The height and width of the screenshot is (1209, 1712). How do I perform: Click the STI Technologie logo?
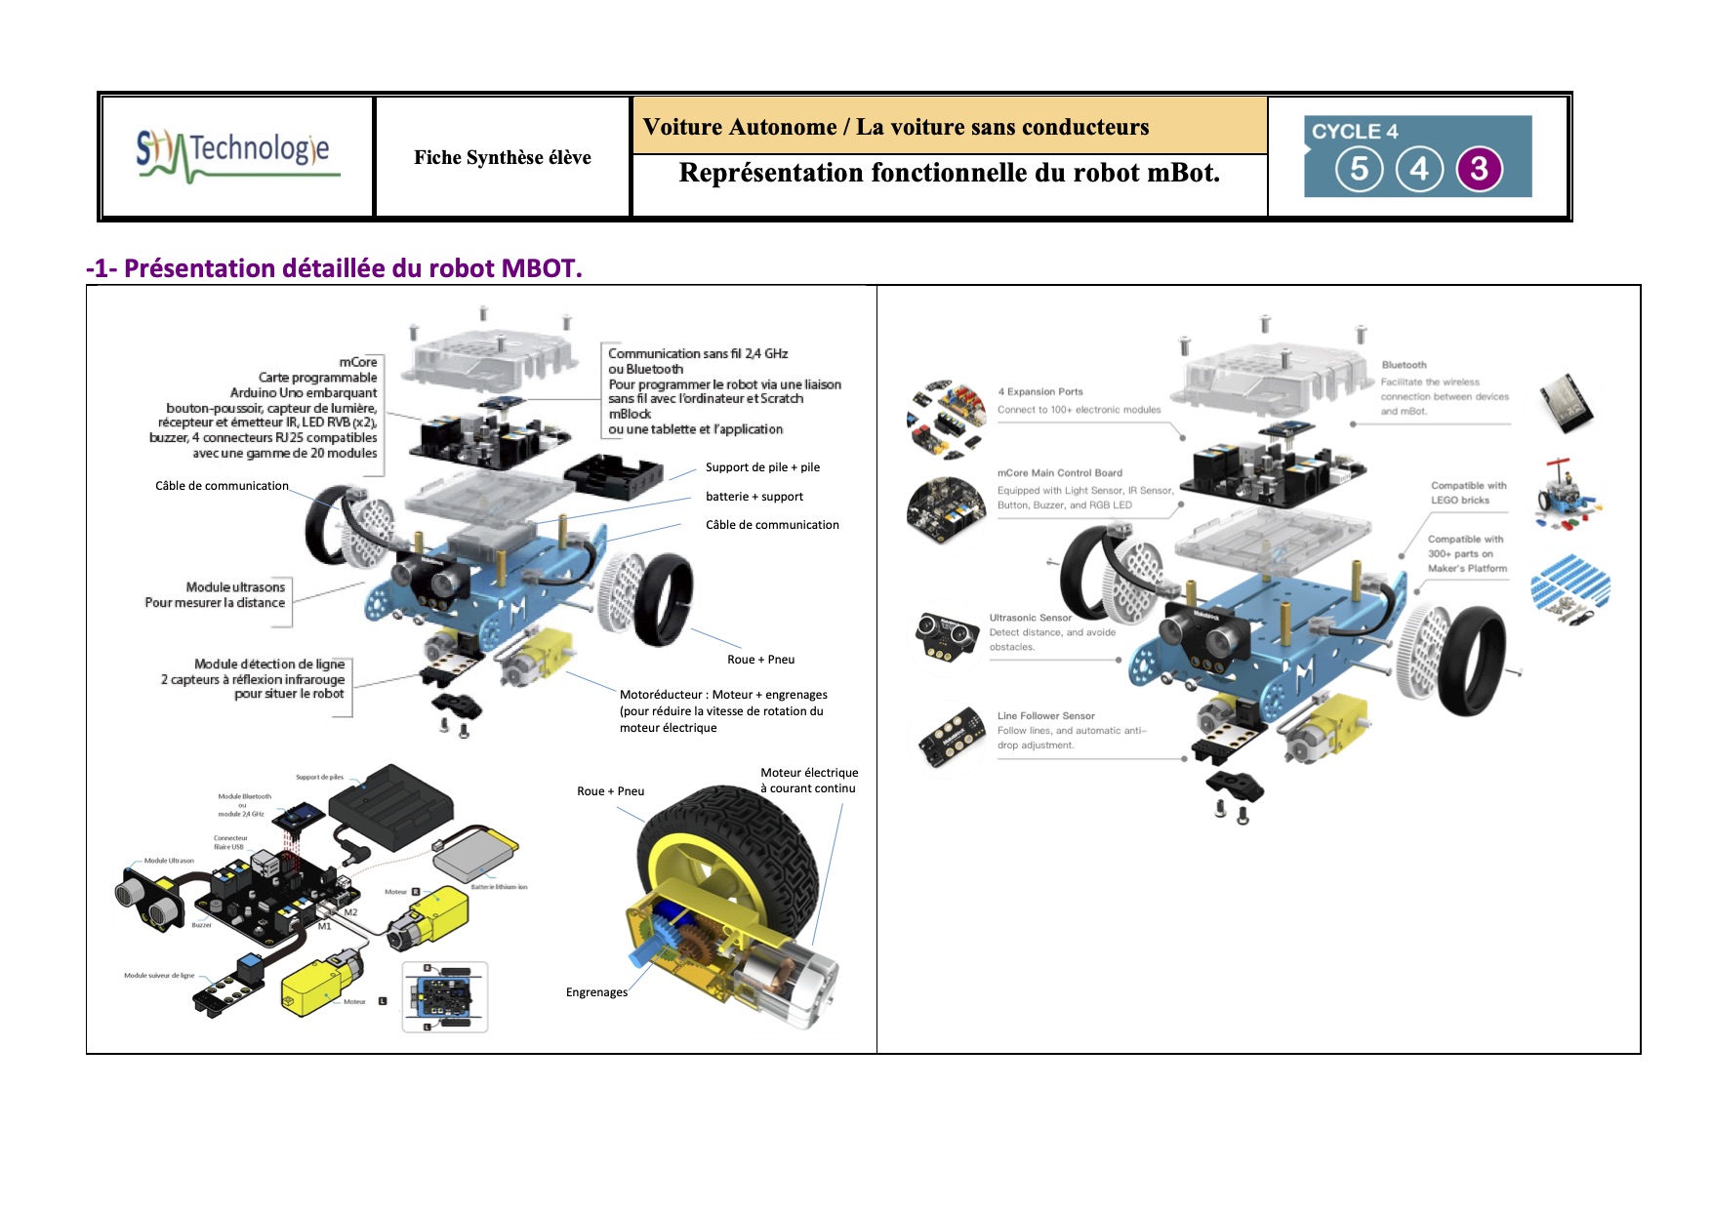(238, 156)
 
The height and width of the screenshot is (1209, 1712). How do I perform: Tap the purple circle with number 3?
(1480, 169)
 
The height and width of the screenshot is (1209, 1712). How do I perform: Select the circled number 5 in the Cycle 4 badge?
(1359, 169)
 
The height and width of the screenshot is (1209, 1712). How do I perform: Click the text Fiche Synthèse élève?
(502, 158)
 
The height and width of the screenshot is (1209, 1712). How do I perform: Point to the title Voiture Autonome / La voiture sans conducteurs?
(895, 127)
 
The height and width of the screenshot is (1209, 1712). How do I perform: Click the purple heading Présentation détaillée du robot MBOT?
(334, 268)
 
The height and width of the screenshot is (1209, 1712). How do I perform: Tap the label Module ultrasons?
(235, 587)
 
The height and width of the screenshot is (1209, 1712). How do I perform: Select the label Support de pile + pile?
(762, 467)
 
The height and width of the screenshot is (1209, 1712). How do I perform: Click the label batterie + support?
(754, 497)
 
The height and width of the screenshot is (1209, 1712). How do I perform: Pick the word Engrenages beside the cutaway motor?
(596, 992)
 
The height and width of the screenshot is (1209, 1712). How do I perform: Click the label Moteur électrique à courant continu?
(809, 781)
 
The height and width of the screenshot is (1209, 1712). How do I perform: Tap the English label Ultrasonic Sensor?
(1030, 618)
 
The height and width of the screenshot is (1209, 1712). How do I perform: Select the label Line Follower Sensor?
(1045, 716)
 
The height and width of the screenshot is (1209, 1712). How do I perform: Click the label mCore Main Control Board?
(1059, 473)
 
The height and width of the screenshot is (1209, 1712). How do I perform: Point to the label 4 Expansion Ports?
(1039, 392)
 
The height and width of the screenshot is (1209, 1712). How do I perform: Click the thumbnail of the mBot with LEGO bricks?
(1567, 495)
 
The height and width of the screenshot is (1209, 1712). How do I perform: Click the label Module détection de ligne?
(268, 665)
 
